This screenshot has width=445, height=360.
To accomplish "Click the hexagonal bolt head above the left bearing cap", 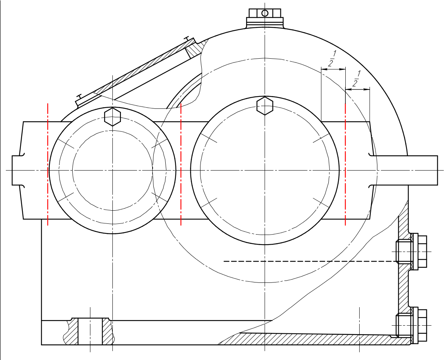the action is [113, 117].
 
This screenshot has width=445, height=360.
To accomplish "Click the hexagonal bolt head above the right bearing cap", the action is [265, 106].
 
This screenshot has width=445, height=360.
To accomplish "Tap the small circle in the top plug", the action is [265, 13].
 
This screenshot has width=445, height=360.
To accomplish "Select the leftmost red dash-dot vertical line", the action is [48, 164].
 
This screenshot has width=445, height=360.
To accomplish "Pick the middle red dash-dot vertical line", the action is [181, 164].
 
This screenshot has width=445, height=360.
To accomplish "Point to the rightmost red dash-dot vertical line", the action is [345, 164].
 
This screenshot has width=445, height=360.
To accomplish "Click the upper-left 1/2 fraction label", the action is [331, 58].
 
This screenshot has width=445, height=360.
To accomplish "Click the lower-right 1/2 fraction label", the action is [356, 78].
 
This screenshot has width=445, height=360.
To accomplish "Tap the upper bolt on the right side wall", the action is [411, 252].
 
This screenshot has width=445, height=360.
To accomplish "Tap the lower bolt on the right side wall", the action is [411, 325].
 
